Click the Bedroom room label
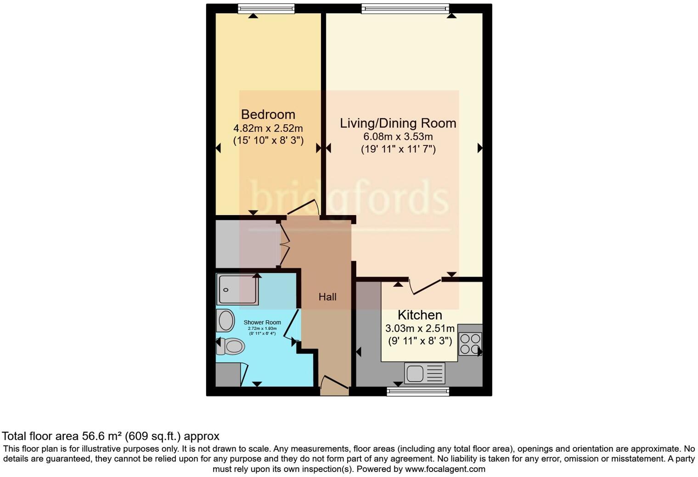[268, 114]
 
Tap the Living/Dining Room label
[398, 123]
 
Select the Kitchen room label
[420, 315]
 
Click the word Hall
[327, 297]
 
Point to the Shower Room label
[262, 322]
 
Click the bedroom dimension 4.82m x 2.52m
[268, 128]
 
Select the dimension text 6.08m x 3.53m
[398, 137]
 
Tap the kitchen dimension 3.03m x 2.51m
[420, 328]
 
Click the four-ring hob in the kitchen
[470, 344]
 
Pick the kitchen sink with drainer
[424, 373]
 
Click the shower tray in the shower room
[238, 289]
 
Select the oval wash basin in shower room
[225, 320]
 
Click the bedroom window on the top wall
[266, 8]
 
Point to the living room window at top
[405, 8]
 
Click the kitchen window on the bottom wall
[417, 391]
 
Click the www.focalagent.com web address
[445, 469]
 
